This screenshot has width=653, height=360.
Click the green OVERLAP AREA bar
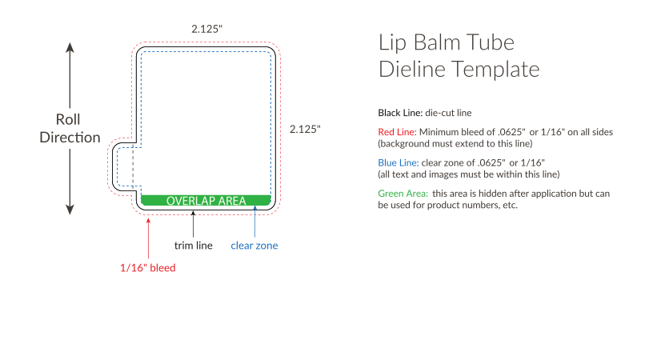coord(206,200)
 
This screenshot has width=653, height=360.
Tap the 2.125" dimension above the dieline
coord(207,29)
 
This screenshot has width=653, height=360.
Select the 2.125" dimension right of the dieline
coord(305,129)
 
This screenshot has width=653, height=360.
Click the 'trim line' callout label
coord(193,246)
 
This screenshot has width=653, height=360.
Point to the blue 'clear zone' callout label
coord(254,246)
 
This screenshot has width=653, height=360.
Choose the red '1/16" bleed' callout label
coord(148,268)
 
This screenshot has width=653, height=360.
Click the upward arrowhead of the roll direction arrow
coord(70,47)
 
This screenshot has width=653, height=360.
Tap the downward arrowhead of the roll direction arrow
coord(70,210)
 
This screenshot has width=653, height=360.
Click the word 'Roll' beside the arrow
coord(68,119)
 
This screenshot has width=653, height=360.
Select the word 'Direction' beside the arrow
coord(70,138)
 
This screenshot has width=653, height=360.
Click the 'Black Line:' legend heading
coord(400,113)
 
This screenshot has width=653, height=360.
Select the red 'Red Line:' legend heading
coord(397,132)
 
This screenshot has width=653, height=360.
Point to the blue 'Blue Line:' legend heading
coord(399,162)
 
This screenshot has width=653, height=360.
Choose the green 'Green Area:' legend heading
coord(403,194)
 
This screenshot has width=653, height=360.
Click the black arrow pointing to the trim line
coord(193,224)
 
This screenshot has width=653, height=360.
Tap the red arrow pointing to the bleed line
coord(148,238)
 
